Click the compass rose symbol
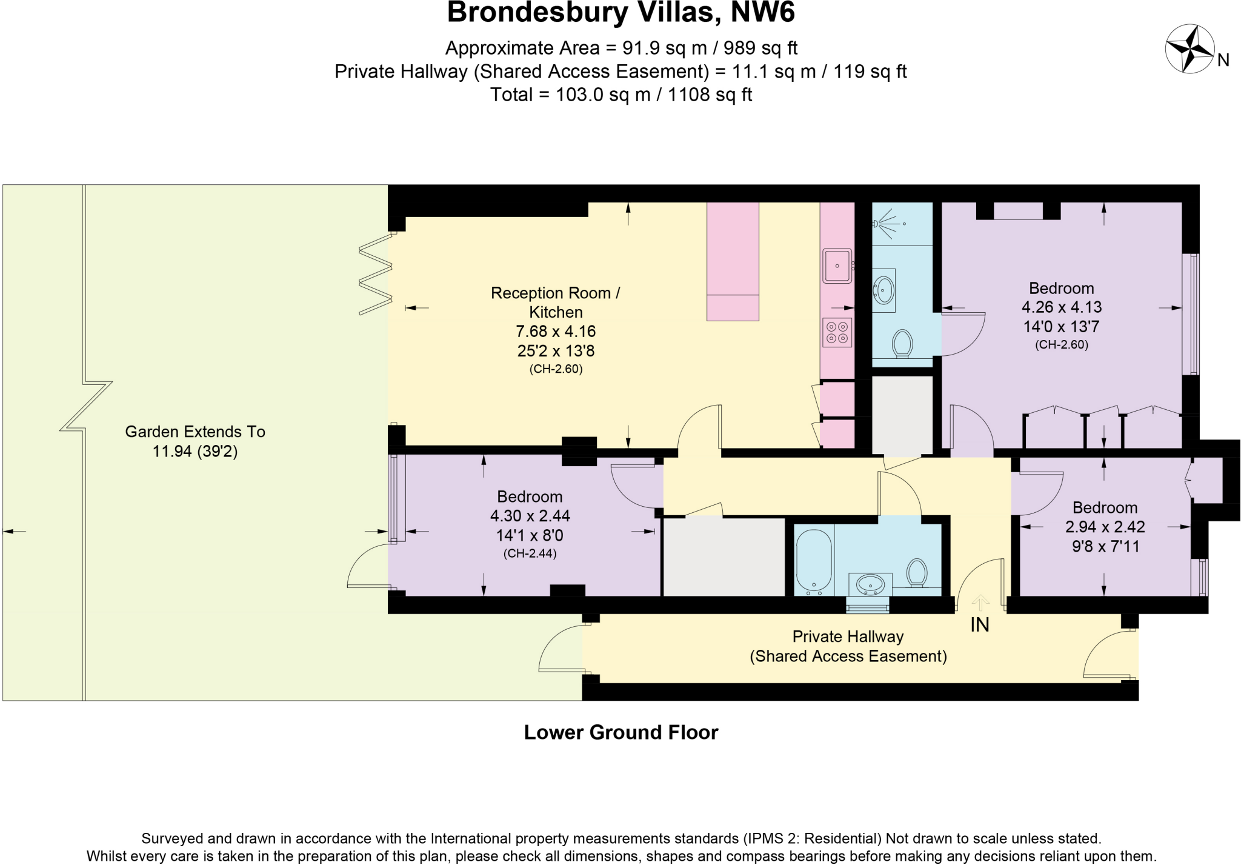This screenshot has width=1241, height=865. click(x=1189, y=48)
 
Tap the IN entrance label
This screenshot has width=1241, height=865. click(x=980, y=624)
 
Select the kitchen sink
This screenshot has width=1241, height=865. click(x=837, y=266)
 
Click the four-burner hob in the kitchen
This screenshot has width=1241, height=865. click(x=837, y=332)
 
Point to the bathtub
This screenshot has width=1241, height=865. click(x=813, y=561)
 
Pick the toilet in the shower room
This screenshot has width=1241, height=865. click(x=903, y=344)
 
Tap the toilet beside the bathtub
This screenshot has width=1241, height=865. click(x=917, y=572)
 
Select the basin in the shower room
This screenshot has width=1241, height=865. click(x=884, y=290)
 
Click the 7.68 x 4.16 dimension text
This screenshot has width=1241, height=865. click(x=556, y=332)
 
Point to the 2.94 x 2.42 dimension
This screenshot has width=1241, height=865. click(x=1105, y=527)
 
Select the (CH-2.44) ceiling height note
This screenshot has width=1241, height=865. click(x=530, y=553)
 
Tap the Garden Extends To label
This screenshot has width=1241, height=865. click(x=195, y=432)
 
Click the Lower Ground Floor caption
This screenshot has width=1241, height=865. click(x=621, y=732)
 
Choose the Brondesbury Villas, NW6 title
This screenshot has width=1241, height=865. click(x=620, y=13)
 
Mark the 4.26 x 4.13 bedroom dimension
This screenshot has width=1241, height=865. click(x=1062, y=307)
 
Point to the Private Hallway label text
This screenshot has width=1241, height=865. click(x=848, y=636)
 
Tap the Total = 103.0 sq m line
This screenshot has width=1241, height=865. click(x=620, y=95)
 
